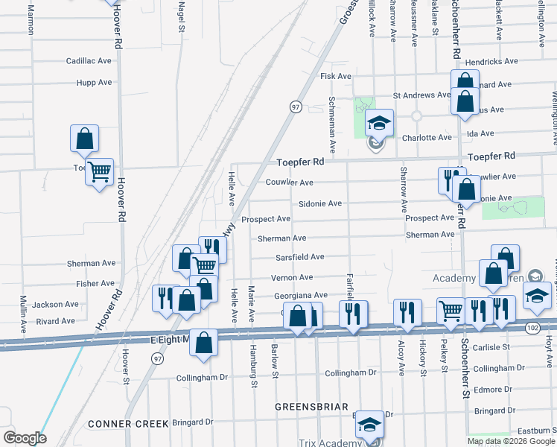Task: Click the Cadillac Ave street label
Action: coord(89,61)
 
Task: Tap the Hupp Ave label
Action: coord(94,83)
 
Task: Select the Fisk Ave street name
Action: coord(335,76)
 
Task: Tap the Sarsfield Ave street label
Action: coord(300,257)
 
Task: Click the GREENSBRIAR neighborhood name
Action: coord(311,407)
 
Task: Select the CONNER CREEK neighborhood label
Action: coord(128,424)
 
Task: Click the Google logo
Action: coord(24,438)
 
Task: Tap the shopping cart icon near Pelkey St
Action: coord(451,311)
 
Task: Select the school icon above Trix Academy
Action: coord(369,425)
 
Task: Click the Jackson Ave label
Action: coord(55,305)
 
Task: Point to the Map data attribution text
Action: coord(511,440)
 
